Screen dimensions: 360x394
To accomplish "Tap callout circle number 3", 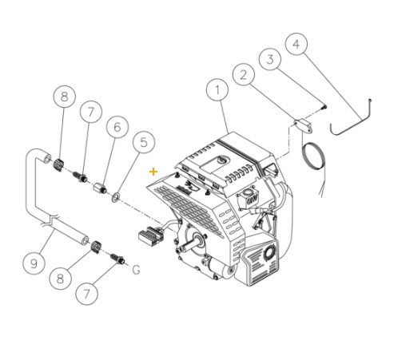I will [271, 59].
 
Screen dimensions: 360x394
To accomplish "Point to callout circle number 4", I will [297, 44].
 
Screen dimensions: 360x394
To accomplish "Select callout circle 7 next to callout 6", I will [90, 112].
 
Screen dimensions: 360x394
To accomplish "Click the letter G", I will [136, 270].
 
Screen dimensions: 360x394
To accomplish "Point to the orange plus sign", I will [153, 171].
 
